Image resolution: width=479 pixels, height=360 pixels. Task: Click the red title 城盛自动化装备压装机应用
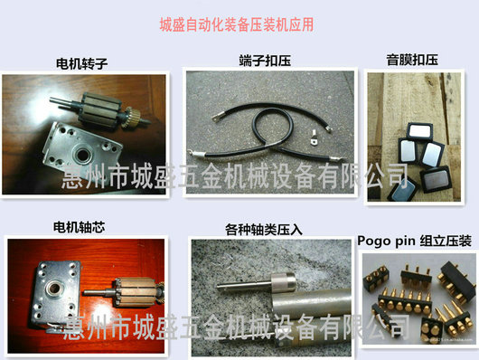click(x=237, y=24)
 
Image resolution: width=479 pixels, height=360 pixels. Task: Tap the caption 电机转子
click(x=81, y=63)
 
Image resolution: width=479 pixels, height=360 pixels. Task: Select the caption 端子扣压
click(x=265, y=61)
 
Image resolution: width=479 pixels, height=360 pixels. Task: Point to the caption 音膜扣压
click(x=412, y=60)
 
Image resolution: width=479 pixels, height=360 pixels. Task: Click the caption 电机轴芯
click(x=79, y=227)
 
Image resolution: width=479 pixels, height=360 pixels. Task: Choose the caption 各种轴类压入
click(x=264, y=230)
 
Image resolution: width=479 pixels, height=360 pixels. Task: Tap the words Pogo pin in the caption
click(x=386, y=242)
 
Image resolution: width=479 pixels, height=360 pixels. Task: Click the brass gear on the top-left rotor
click(x=131, y=118)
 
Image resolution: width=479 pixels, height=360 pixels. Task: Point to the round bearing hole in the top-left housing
click(x=82, y=155)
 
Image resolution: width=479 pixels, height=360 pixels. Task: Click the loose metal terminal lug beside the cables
click(x=313, y=137)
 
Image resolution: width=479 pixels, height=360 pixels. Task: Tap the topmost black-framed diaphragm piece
click(x=420, y=130)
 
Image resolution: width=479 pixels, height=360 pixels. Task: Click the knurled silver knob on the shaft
click(x=283, y=282)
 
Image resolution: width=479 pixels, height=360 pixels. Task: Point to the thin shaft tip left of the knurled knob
click(x=220, y=287)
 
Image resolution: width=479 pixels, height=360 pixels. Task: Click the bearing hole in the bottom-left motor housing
click(x=53, y=288)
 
